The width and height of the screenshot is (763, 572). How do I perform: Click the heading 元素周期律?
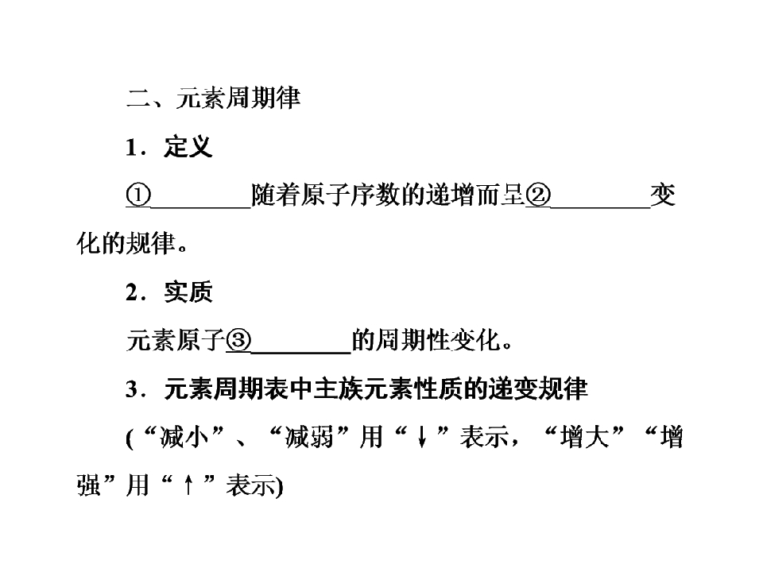point(238,98)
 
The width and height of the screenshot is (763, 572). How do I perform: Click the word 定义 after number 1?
point(188,146)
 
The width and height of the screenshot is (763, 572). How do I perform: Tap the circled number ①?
point(138,195)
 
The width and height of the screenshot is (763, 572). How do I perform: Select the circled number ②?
point(538,195)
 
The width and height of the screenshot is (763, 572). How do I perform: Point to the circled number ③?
point(238,341)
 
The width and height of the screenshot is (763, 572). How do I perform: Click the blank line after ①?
point(201,207)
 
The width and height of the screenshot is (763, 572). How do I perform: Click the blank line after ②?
point(600,207)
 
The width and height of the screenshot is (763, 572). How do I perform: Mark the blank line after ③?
point(300,352)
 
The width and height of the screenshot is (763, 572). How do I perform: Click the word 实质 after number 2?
point(188,292)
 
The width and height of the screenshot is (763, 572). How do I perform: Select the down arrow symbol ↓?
point(422,437)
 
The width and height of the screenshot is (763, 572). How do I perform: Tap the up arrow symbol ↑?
point(188,485)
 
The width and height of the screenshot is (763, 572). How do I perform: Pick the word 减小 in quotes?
point(184,437)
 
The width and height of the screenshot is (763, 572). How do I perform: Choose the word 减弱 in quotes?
point(309,437)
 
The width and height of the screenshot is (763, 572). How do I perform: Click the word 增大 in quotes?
point(584,437)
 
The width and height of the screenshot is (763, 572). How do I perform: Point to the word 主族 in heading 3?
point(339,389)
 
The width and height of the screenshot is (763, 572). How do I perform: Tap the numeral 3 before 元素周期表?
point(132,389)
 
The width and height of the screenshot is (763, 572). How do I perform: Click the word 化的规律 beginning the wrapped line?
point(126,243)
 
